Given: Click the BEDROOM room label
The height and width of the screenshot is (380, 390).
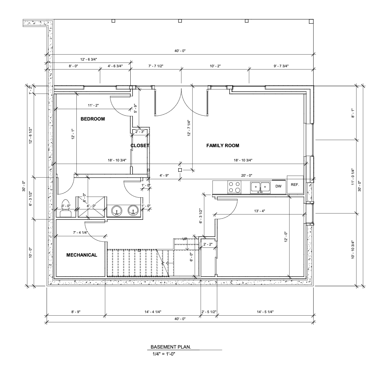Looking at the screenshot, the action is click(x=93, y=119).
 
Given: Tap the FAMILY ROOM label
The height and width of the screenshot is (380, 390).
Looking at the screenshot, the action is click(x=223, y=146).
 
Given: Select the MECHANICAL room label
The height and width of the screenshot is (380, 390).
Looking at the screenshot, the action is click(x=82, y=255).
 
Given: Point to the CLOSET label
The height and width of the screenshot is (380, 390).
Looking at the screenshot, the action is click(x=140, y=146).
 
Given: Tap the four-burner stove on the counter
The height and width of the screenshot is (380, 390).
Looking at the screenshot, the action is click(x=234, y=187).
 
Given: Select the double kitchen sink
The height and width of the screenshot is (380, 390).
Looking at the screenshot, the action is click(x=260, y=187).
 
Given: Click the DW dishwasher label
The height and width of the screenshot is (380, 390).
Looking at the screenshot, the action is click(x=278, y=186).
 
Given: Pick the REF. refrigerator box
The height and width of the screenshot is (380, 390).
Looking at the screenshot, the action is click(x=295, y=185).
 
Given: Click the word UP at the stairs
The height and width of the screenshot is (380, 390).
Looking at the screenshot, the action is click(x=185, y=239).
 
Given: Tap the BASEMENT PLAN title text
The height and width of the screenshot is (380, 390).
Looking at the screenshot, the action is click(x=171, y=347).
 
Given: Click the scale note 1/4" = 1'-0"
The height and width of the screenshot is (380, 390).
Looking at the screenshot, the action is click(x=164, y=354).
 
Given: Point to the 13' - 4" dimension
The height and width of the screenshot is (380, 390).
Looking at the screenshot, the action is click(x=260, y=211).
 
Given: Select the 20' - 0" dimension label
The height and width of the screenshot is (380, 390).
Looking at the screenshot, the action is click(x=246, y=175).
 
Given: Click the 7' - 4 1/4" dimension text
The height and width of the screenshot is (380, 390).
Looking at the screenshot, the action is click(x=80, y=233).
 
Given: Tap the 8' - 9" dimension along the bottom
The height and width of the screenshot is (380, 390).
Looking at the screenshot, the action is click(x=76, y=312).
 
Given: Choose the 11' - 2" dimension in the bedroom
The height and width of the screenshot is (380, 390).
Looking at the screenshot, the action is click(x=93, y=105).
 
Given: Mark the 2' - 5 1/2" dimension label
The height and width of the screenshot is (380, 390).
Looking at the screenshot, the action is click(x=209, y=312).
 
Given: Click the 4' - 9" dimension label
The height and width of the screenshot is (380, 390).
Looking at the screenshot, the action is click(x=164, y=175).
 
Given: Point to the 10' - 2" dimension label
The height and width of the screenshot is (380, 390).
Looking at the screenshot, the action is click(x=215, y=66).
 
